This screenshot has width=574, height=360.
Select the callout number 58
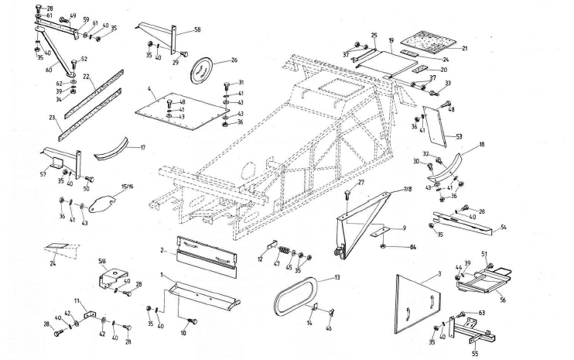(197, 29)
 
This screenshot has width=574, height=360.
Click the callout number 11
(77, 299)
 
